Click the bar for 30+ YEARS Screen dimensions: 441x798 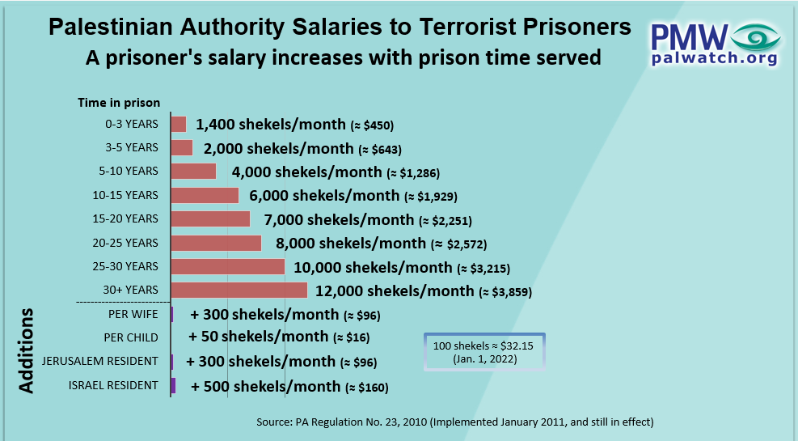point(239,290)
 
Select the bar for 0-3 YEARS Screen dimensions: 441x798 point(179,124)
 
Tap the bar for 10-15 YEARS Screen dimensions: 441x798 point(205,195)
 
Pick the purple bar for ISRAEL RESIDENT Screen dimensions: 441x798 point(173,386)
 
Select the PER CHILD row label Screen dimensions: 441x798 point(131,337)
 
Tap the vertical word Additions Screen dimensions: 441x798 point(27,350)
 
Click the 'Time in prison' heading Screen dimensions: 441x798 point(119,103)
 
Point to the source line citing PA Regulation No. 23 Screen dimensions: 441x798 point(454,422)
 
